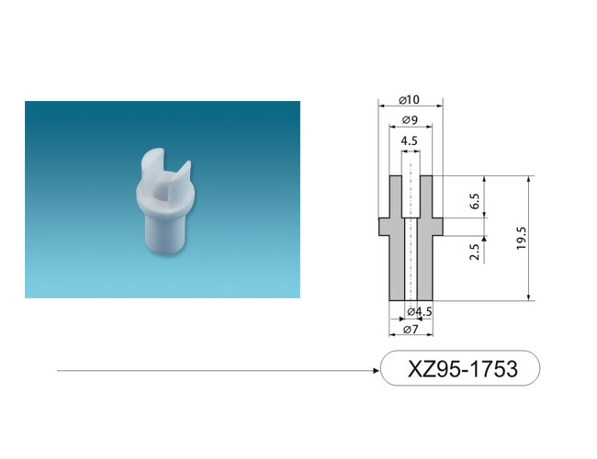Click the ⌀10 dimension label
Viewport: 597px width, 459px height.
click(x=409, y=100)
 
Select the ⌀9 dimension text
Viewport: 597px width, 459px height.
click(x=410, y=120)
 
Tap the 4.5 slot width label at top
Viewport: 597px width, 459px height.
click(x=409, y=141)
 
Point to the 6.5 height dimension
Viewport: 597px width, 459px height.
click(x=475, y=200)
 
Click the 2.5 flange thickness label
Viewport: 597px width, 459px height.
click(x=474, y=252)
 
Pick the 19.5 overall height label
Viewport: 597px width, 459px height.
click(x=522, y=239)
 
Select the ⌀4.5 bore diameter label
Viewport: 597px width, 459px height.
click(x=420, y=312)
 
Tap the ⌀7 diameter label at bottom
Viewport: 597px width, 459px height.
click(x=411, y=330)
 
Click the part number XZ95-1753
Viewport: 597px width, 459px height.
click(x=463, y=368)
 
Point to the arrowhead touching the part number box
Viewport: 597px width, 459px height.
click(x=377, y=370)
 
